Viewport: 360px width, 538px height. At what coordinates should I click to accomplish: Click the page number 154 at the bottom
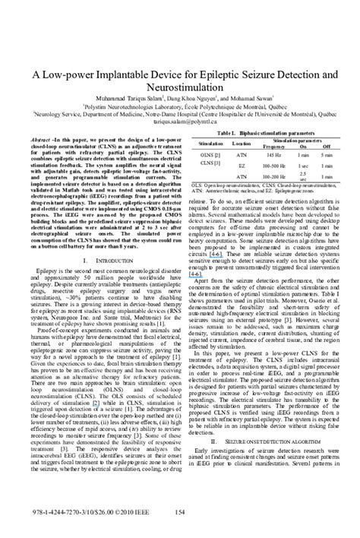click(179, 513)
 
